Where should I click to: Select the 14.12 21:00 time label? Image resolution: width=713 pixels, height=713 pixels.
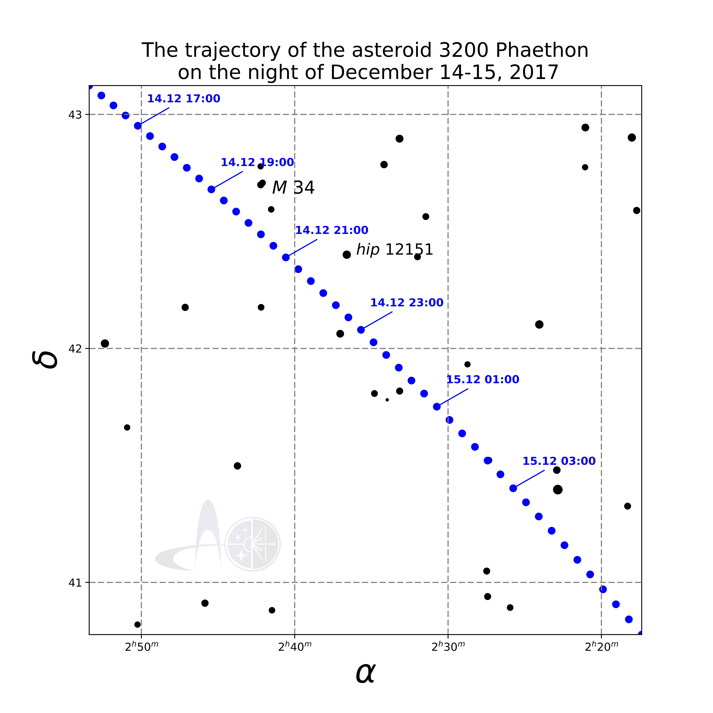[331, 230]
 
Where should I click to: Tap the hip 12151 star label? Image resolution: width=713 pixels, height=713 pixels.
[394, 250]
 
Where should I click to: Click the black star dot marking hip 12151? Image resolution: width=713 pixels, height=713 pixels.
[347, 255]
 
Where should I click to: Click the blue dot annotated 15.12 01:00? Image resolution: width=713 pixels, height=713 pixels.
[437, 407]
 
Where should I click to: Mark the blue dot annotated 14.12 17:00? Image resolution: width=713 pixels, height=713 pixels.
[138, 126]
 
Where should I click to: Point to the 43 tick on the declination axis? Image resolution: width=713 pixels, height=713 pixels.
[75, 115]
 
